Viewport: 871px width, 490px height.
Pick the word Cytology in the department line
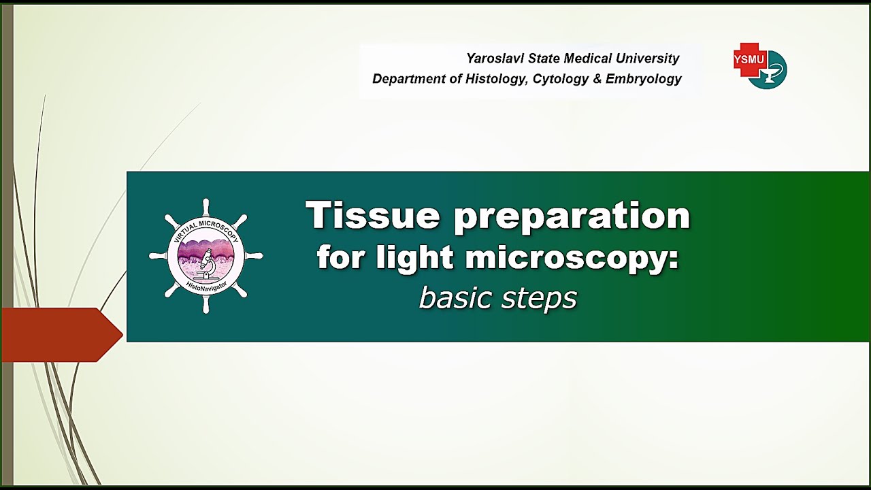click(x=560, y=79)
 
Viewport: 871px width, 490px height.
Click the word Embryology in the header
click(x=643, y=79)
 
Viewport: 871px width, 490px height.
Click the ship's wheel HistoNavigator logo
click(x=206, y=257)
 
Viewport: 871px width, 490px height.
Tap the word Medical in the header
click(x=582, y=59)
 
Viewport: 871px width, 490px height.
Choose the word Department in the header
click(x=408, y=79)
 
